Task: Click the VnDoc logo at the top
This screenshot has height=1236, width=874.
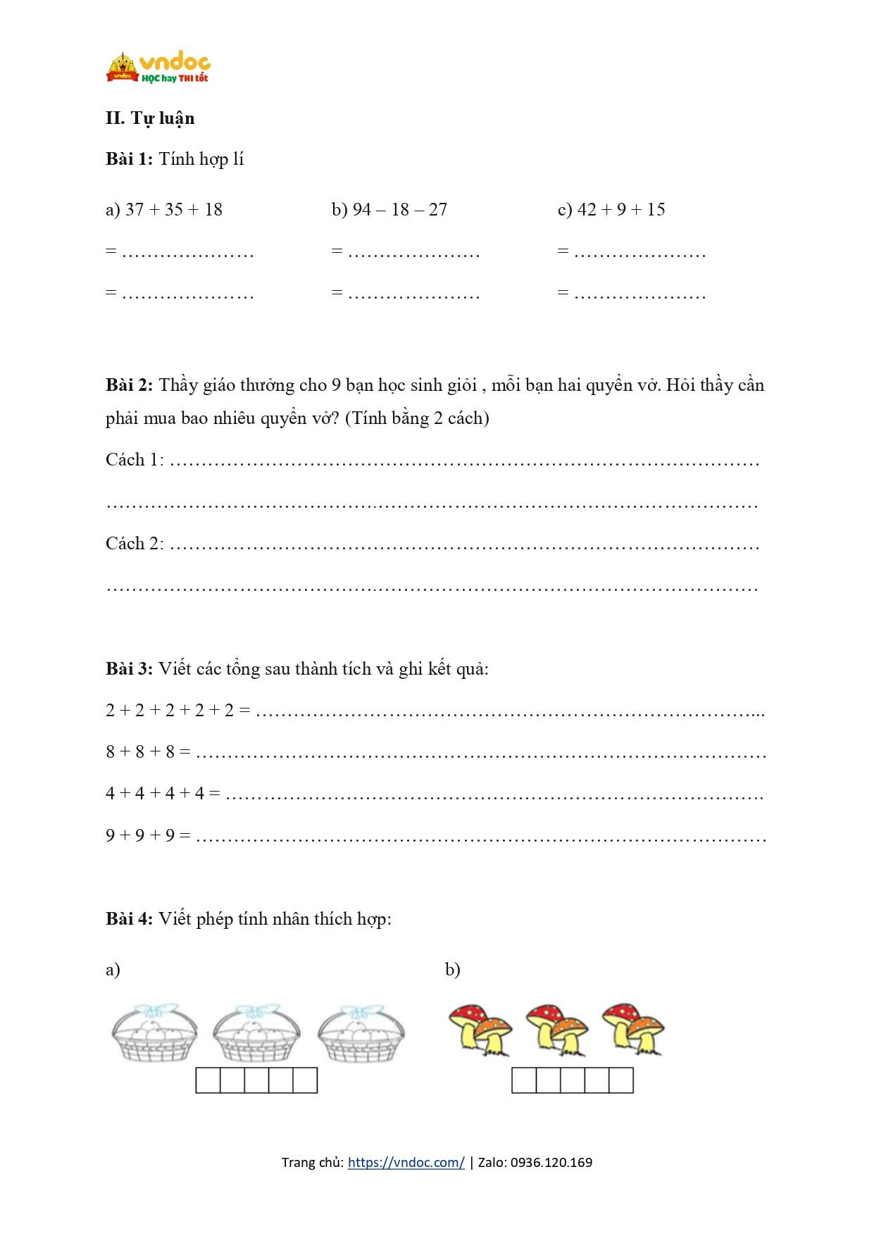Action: click(158, 68)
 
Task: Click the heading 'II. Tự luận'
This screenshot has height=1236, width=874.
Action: click(150, 118)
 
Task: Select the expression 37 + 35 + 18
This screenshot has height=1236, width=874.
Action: click(173, 210)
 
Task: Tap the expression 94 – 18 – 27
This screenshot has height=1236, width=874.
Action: click(399, 210)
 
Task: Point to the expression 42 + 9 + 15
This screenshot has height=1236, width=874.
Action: click(621, 210)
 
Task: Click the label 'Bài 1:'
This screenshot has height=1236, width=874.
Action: click(129, 159)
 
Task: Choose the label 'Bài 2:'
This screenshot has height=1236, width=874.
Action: click(129, 385)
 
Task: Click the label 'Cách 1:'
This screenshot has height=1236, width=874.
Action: click(135, 460)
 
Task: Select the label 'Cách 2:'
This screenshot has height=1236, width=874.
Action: click(135, 544)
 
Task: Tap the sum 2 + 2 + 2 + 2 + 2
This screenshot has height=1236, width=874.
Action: click(170, 711)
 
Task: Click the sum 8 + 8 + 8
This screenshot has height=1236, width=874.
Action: click(140, 752)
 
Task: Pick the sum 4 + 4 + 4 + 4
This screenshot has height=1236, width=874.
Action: click(155, 794)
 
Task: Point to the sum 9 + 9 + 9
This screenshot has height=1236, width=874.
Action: click(140, 836)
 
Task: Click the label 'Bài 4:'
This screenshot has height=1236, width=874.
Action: click(129, 919)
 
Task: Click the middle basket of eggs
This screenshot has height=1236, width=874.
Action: click(256, 1033)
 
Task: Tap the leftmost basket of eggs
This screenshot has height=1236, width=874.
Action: click(155, 1033)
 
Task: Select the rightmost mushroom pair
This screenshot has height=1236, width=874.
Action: click(633, 1030)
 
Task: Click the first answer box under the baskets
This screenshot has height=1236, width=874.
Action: click(208, 1080)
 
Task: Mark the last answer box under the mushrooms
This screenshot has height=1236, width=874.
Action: click(621, 1080)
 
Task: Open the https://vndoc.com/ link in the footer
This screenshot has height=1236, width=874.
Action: click(406, 1163)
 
